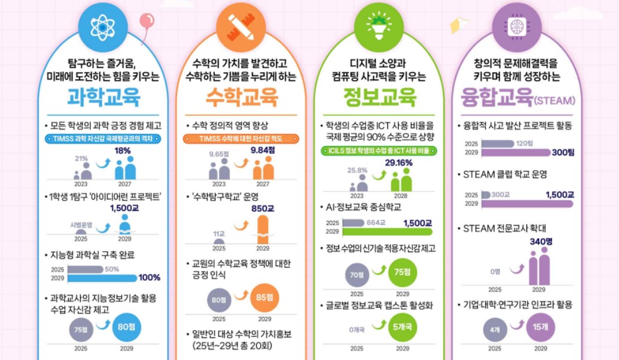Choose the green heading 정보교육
coord(380,96)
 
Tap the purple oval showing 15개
coord(540,327)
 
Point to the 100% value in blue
coord(149,278)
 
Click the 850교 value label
coord(263,209)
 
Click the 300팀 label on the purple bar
coord(562,153)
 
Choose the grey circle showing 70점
coord(357,275)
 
